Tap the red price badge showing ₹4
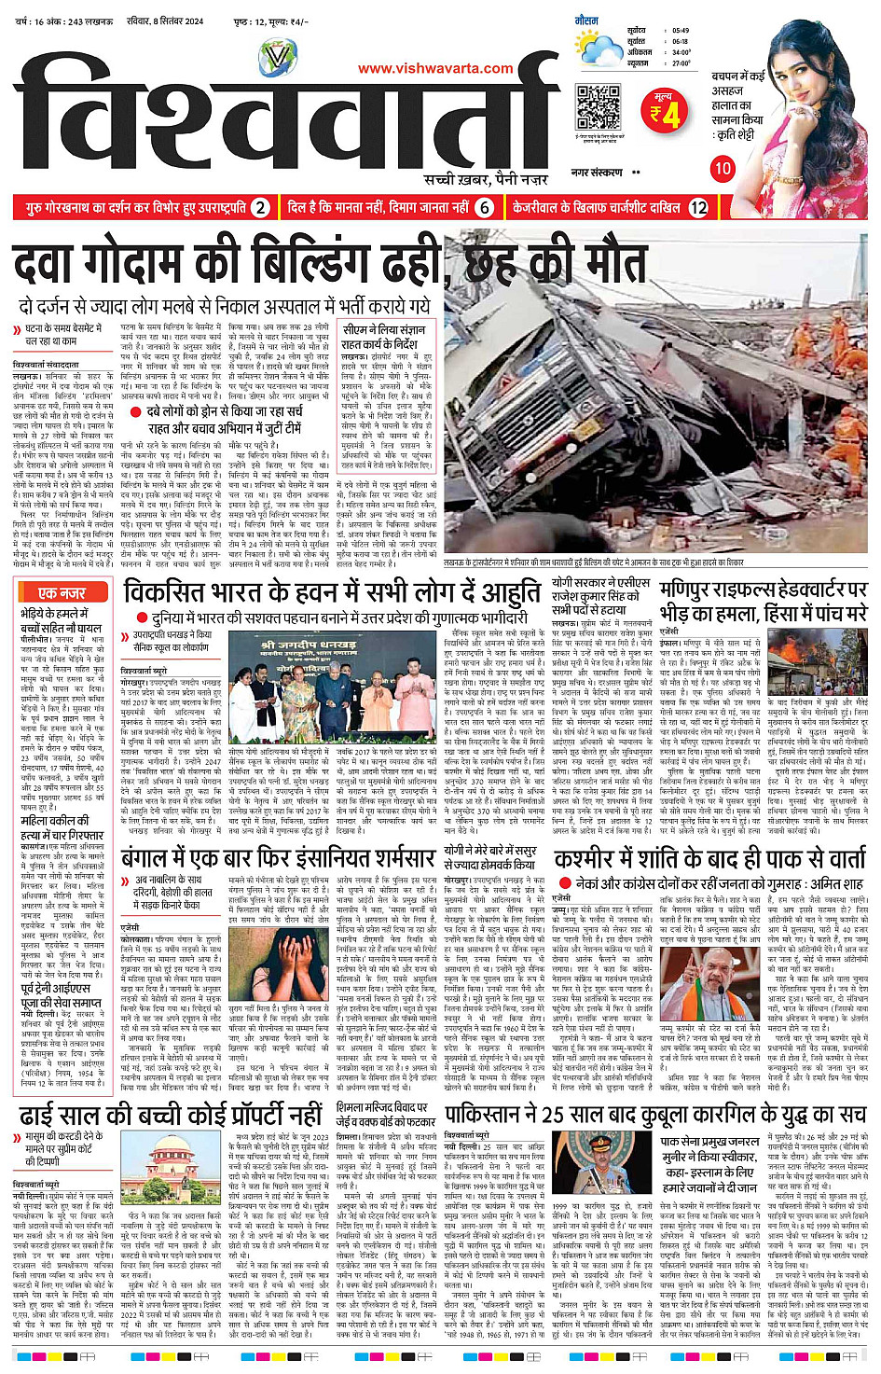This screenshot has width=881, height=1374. point(665,111)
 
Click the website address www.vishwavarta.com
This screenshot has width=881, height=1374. point(435,68)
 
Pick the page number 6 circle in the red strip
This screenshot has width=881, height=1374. point(484,208)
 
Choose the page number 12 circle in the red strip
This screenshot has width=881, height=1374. point(698,208)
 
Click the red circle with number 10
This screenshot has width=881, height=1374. point(723,168)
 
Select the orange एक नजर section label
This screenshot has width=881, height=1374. point(62,592)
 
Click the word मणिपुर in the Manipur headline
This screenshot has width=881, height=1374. point(693,589)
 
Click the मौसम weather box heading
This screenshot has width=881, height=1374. point(586,20)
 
